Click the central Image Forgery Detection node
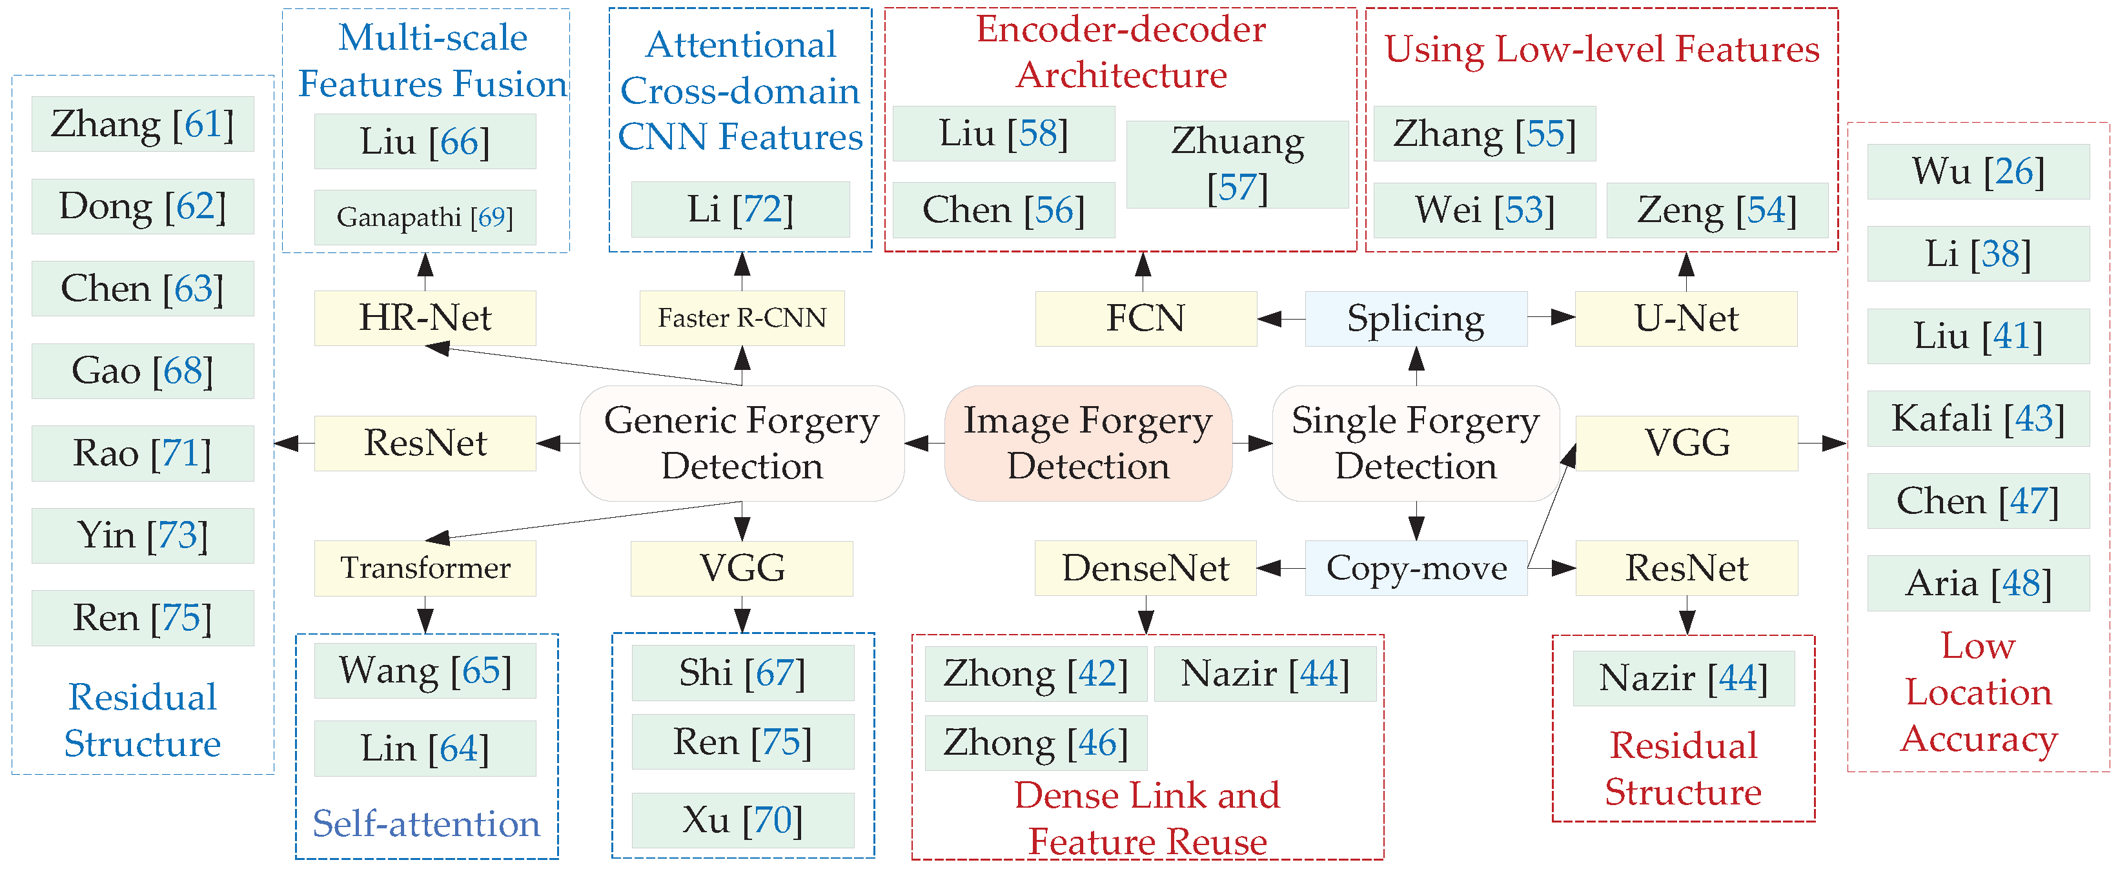point(1088,443)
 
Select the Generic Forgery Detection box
point(742,443)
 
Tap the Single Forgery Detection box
point(1415,443)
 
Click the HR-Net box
point(425,318)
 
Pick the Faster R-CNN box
point(742,318)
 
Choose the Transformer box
point(425,568)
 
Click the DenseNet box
point(1145,568)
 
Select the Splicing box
point(1415,318)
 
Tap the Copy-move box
point(1415,568)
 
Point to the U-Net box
point(1685,318)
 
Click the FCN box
point(1145,318)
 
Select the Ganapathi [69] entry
point(425,218)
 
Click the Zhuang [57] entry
point(1237,165)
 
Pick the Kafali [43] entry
point(1977,418)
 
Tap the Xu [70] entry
point(742,820)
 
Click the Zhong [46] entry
point(1035,742)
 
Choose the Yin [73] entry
point(142,535)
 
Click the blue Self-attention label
point(426,824)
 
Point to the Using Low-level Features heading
point(1601,49)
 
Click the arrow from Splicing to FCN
point(1280,318)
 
